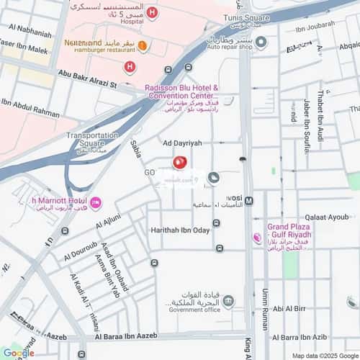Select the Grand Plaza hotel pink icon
coord(257,238)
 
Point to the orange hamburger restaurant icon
coord(143,47)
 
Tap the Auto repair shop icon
coord(261,42)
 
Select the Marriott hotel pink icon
coord(96,202)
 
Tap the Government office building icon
coord(228,301)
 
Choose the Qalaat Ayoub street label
coord(326,217)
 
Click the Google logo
coord(17,353)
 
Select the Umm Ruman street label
coord(265,305)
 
